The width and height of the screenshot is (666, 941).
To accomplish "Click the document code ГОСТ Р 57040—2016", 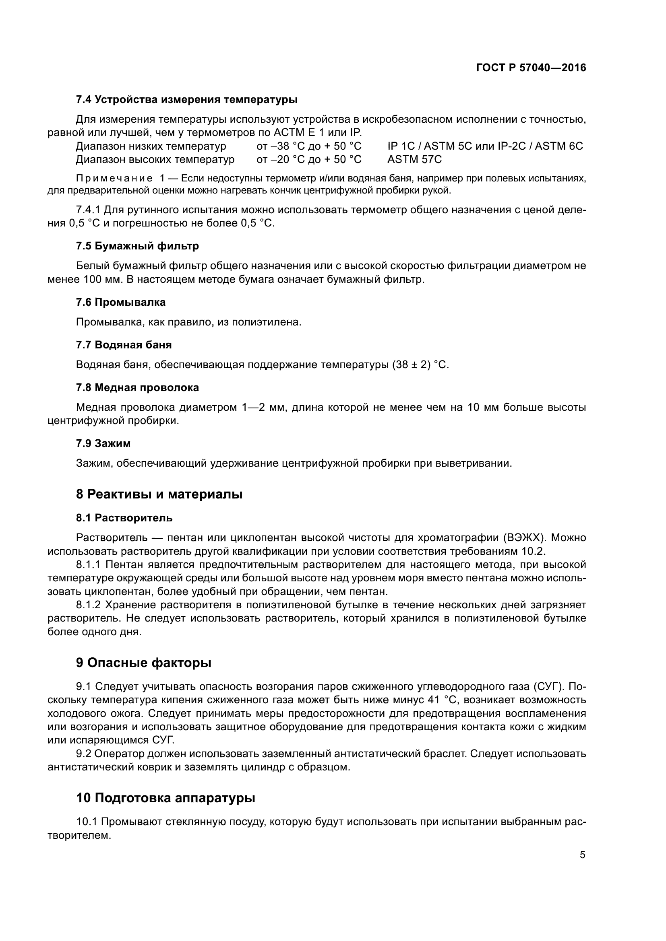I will pyautogui.click(x=531, y=68).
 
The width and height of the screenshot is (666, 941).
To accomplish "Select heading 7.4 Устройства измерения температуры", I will pyautogui.click(x=186, y=99).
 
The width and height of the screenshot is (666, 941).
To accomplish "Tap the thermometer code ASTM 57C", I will pyautogui.click(x=414, y=159).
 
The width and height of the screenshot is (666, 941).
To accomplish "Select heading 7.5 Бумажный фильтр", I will pyautogui.click(x=137, y=246).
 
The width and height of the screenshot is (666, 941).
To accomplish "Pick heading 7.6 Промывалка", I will pyautogui.click(x=120, y=302).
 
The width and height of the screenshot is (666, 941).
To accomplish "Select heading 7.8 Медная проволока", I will pyautogui.click(x=137, y=387).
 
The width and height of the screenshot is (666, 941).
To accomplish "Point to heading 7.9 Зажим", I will pyautogui.click(x=103, y=443).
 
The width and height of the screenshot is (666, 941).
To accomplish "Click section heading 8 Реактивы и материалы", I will pyautogui.click(x=159, y=494).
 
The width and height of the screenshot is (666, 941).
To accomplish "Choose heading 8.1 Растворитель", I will pyautogui.click(x=124, y=518).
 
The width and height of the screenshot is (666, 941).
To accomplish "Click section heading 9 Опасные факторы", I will pyautogui.click(x=143, y=663).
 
